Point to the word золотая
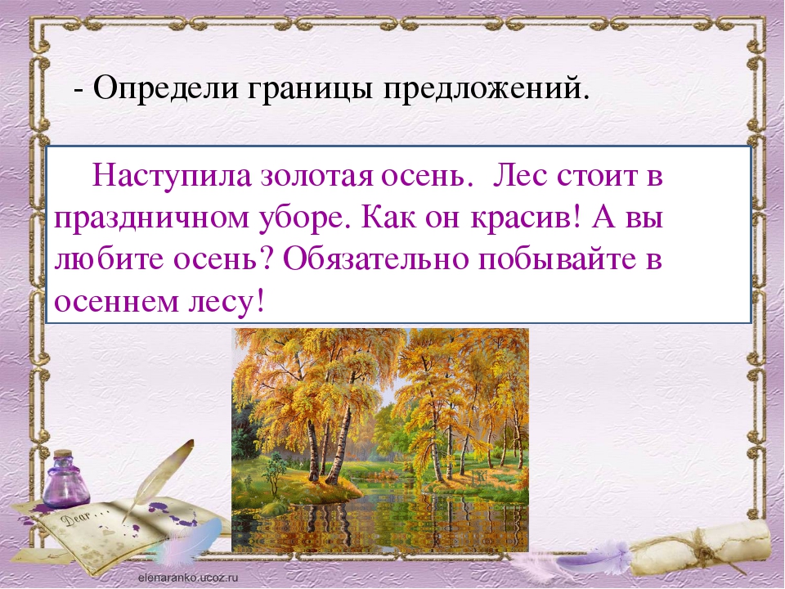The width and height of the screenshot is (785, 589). (316, 178)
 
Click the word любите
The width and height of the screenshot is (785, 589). (109, 259)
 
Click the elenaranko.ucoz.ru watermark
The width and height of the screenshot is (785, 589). (188, 578)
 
